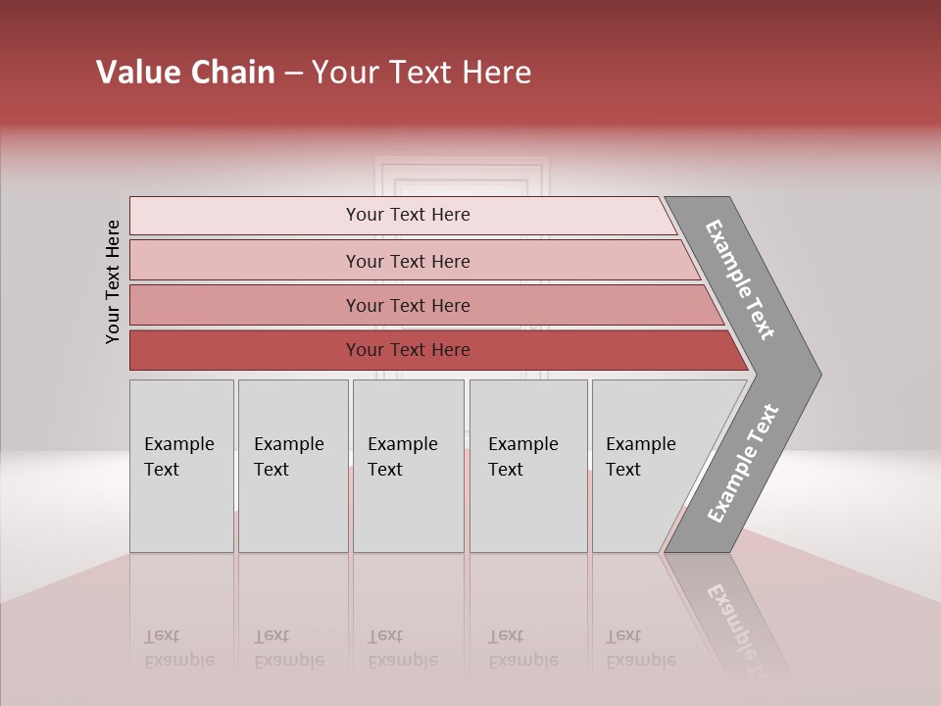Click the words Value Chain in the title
(185, 73)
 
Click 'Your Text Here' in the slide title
(421, 73)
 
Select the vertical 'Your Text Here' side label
(114, 281)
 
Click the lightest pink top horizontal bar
(245, 216)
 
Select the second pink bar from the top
(245, 261)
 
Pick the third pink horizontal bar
(245, 305)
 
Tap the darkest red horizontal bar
(245, 350)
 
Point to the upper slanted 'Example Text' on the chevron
(740, 279)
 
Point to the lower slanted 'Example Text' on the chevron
(742, 464)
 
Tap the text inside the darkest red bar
(408, 350)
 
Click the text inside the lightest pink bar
(408, 215)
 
